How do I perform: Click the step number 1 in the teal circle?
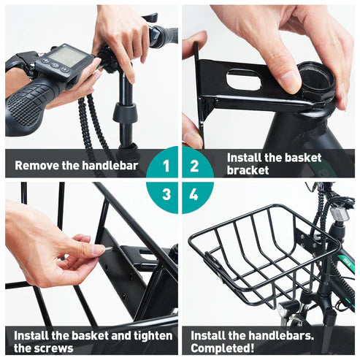pyautogui.click(x=166, y=166)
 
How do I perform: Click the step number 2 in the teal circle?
pyautogui.click(x=194, y=166)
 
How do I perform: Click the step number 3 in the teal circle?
pyautogui.click(x=166, y=194)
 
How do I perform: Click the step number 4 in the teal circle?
pyautogui.click(x=194, y=194)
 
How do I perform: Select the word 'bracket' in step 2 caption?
pyautogui.click(x=248, y=171)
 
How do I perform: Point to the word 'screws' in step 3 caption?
pyautogui.click(x=54, y=348)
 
